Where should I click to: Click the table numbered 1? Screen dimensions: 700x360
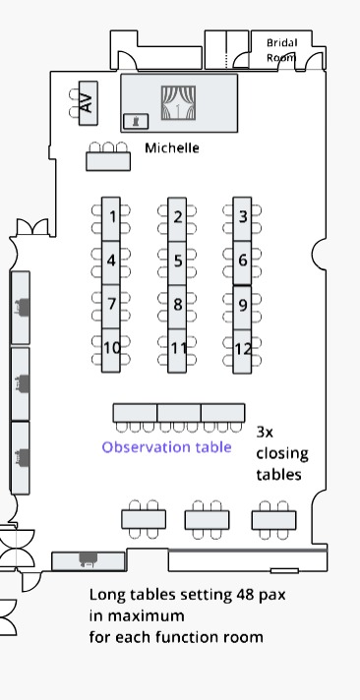(113, 217)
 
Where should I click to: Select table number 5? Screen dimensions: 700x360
(177, 261)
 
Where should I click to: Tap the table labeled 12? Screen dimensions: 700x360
(243, 349)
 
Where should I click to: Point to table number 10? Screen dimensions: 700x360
(112, 348)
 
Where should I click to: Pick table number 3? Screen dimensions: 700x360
(243, 217)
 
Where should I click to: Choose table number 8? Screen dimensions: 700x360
(177, 305)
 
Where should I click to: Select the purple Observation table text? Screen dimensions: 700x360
(167, 447)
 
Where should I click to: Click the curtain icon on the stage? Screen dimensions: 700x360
(179, 102)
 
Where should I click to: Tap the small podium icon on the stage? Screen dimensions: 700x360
(135, 120)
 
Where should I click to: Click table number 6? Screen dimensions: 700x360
(243, 261)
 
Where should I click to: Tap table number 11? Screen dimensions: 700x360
(178, 348)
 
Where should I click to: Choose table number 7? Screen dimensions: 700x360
(112, 304)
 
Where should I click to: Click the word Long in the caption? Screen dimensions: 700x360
(107, 595)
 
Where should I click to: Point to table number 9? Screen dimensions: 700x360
(243, 305)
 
